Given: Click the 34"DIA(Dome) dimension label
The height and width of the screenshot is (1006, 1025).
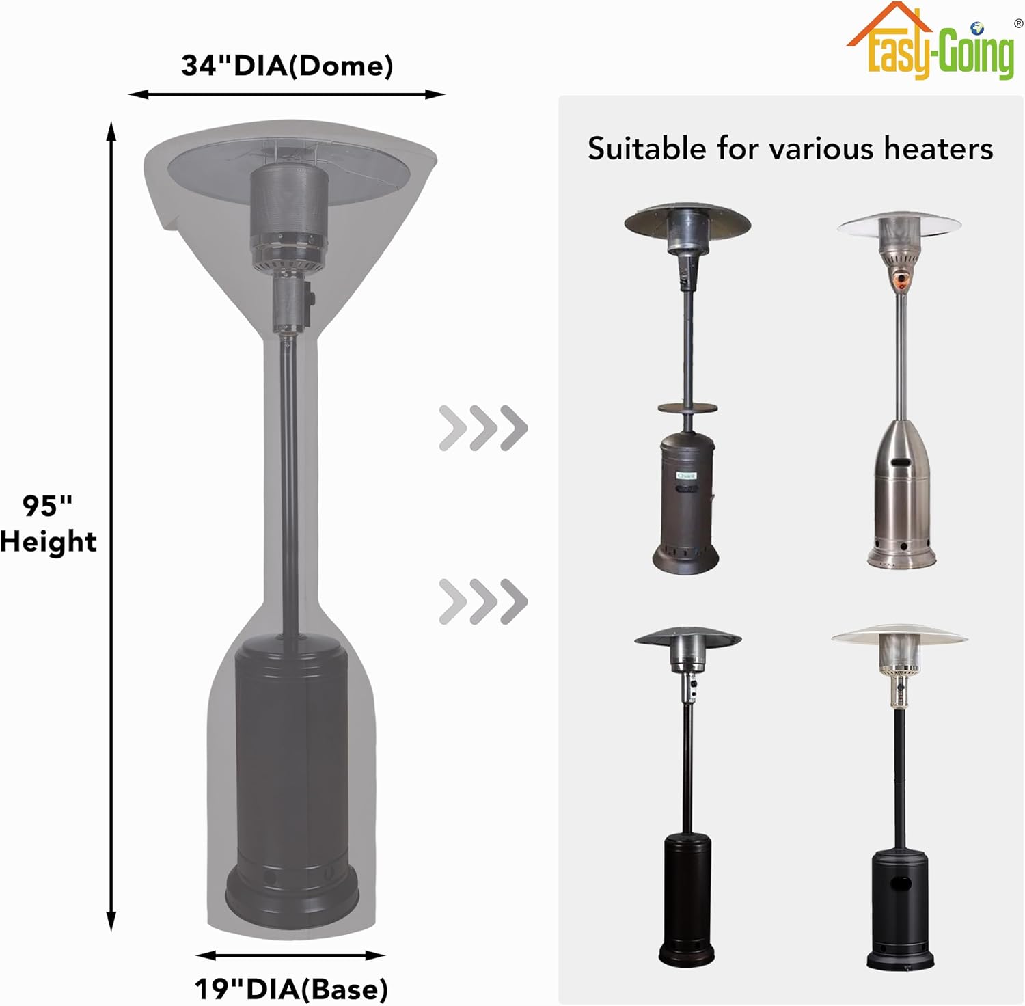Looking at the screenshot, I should [287, 66].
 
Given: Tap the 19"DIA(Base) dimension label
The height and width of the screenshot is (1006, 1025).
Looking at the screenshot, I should [291, 988].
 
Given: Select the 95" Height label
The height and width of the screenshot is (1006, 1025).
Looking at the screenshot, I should [48, 524].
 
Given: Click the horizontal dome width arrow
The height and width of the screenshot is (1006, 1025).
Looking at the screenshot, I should [287, 94].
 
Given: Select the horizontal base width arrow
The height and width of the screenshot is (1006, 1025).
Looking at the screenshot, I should [290, 955].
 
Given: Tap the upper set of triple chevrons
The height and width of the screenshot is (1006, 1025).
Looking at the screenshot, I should [483, 428].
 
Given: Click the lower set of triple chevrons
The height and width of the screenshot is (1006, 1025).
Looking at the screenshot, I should [483, 601].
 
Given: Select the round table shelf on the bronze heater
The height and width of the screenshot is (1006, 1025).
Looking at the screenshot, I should [687, 408].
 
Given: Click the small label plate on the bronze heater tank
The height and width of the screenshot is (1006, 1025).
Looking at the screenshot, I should [685, 476].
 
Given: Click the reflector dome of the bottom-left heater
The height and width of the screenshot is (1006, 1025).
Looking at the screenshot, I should [687, 638].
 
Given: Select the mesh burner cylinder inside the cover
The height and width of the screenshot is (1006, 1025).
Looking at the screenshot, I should [288, 202].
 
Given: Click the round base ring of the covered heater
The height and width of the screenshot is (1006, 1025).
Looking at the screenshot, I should [292, 895].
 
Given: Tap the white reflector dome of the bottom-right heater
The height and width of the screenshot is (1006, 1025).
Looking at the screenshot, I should [899, 635].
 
